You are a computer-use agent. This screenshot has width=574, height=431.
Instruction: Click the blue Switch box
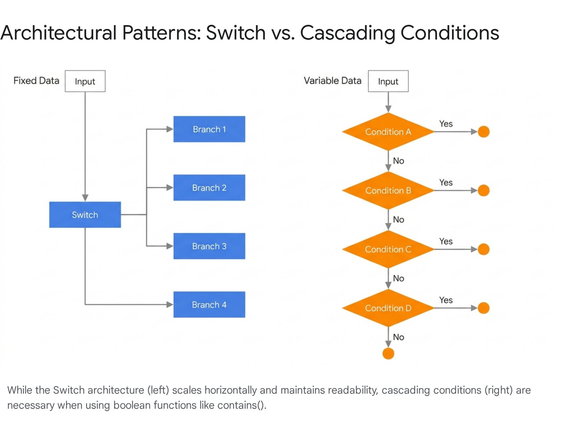point(85,215)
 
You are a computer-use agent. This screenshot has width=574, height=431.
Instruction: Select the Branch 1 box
point(209,129)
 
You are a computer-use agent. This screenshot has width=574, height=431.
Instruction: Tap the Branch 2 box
point(209,188)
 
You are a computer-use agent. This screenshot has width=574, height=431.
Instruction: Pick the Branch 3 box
point(209,246)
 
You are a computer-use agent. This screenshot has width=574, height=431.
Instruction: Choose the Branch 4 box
point(209,305)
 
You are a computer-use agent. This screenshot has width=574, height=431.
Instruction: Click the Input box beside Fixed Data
point(85,82)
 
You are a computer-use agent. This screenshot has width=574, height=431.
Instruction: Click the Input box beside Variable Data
point(388,82)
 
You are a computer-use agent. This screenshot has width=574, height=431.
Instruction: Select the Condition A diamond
point(388,132)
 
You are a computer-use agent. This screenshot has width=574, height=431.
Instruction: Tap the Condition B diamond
point(388,191)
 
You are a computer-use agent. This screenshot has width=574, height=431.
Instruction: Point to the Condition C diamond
point(388,249)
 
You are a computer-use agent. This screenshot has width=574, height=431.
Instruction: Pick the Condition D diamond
point(388,308)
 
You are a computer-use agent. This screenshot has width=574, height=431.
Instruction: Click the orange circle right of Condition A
point(484,132)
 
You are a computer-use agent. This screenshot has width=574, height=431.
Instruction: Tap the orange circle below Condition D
point(388,353)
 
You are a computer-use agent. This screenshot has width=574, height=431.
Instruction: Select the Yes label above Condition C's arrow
point(446,241)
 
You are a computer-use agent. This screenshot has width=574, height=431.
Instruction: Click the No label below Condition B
point(399,219)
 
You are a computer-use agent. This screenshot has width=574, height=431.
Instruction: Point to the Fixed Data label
point(36,81)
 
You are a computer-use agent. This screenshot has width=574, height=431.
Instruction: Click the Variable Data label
point(333,81)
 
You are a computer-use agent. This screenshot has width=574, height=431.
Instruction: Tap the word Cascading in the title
point(347,33)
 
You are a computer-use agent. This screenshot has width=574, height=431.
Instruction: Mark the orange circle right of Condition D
point(484,308)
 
